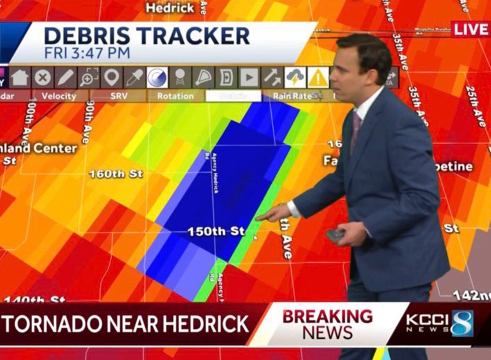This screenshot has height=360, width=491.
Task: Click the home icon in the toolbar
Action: (x=20, y=77)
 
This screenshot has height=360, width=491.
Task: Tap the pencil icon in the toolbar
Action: (x=65, y=77)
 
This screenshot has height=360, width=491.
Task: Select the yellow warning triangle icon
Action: (x=318, y=77)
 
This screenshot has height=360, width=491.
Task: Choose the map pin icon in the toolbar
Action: (x=112, y=77)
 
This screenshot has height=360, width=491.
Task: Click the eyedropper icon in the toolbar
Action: (x=135, y=77)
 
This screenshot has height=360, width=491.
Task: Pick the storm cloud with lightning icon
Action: (x=295, y=77)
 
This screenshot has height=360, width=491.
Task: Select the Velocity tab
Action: (x=59, y=96)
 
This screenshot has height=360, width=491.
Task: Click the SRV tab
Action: (x=119, y=96)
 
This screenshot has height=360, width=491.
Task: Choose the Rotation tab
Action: (x=176, y=96)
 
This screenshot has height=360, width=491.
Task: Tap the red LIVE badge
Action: (x=471, y=29)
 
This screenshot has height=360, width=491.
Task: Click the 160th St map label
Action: (x=116, y=174)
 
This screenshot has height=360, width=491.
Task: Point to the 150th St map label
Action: (x=216, y=231)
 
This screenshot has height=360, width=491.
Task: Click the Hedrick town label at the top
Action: (x=170, y=7)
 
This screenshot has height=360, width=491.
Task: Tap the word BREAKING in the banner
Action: (x=327, y=317)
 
